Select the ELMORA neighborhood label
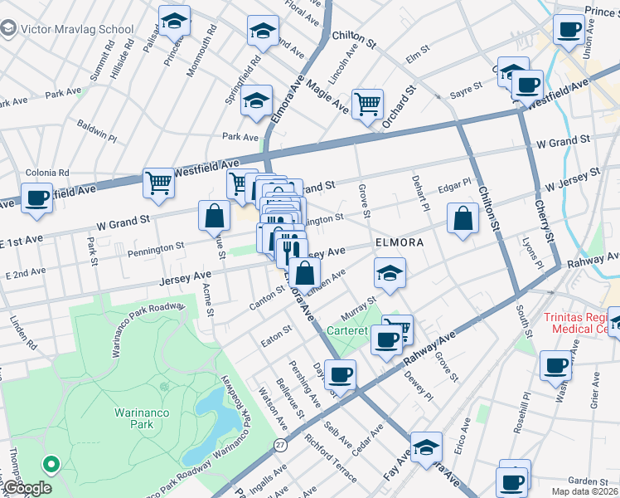tap(400, 243)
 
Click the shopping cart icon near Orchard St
tap(367, 105)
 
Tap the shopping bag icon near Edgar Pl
tap(463, 220)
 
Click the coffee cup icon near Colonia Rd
tap(36, 199)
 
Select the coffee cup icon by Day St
tap(340, 374)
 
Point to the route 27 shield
tap(280, 445)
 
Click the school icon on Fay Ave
tap(426, 448)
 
